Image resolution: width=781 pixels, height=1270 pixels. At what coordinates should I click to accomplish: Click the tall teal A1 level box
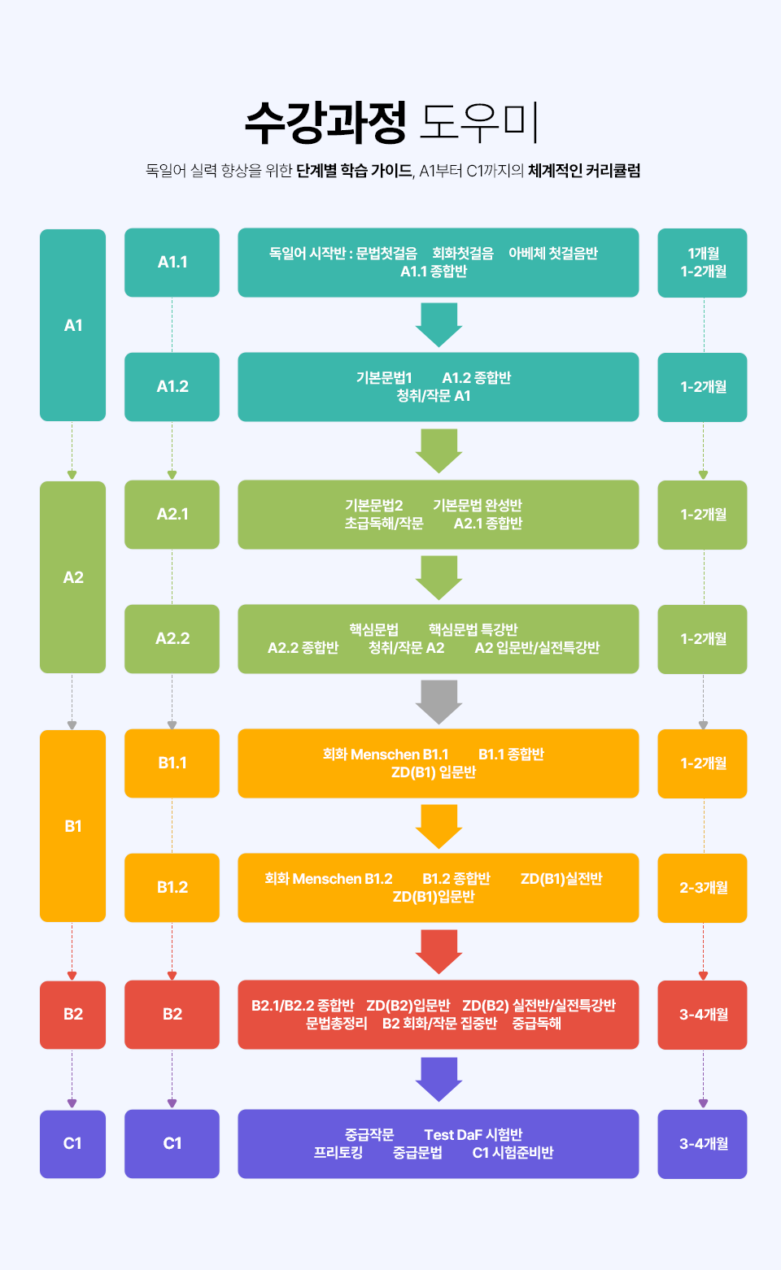[72, 325]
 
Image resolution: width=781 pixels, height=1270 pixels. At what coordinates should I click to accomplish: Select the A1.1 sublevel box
[172, 263]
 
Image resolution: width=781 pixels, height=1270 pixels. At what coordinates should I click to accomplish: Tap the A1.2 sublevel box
[172, 387]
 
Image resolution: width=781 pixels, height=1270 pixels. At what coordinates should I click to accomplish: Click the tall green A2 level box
[72, 577]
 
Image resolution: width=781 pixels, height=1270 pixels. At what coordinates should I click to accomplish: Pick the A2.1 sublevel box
[172, 515]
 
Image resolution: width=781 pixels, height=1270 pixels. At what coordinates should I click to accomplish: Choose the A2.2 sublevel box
[172, 639]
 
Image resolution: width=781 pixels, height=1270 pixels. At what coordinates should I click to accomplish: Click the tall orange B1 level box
[72, 826]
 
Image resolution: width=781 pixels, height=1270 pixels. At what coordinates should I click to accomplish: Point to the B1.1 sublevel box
[172, 763]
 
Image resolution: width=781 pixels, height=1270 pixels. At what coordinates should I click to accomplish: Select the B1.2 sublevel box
[172, 888]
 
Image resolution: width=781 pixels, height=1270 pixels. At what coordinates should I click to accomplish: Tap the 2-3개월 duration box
[702, 888]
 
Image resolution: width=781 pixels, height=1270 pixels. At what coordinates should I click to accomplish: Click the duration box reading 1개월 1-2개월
[702, 263]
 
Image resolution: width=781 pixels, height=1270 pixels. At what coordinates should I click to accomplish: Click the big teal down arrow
[438, 324]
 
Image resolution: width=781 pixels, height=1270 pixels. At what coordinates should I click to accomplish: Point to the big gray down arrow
[438, 701]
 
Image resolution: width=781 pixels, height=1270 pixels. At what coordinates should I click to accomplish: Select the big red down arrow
[438, 950]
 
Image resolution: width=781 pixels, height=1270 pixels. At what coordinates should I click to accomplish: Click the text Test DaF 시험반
[473, 1135]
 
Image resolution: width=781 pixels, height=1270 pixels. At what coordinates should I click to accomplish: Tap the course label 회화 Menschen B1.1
[386, 755]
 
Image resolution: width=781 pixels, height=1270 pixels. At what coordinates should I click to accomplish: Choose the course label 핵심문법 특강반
[473, 630]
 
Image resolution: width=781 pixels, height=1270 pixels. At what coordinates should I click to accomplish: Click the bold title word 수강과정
[325, 122]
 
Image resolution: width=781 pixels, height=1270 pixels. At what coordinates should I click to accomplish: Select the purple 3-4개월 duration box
[702, 1144]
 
